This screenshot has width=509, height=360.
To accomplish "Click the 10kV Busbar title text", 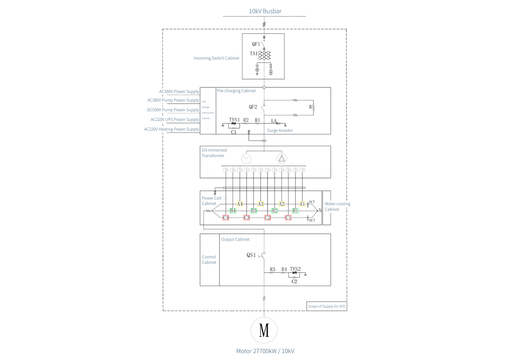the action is point(265,11).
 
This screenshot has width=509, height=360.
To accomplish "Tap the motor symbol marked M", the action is point(264,330).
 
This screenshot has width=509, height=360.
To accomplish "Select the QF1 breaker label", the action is point(256,44).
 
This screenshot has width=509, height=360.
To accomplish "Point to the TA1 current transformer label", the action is point(253,53).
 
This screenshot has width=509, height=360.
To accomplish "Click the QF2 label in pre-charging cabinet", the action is point(253,107).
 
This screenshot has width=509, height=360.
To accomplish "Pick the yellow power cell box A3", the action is point(260,204).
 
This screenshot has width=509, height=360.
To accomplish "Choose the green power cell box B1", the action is point(295,211).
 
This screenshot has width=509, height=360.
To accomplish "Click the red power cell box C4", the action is point(226,218).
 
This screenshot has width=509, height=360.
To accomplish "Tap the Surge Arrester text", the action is point(280,130).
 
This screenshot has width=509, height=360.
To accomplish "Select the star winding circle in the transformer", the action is point(246,159).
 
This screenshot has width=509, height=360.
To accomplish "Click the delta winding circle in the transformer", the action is point(281,159).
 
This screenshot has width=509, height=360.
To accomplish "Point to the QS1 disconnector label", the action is point(251,255).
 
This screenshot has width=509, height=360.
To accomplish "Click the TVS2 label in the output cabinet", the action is point(295,269).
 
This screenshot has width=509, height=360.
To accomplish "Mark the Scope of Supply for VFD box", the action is point(327,306).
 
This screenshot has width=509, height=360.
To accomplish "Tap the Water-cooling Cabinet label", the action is point(337,206).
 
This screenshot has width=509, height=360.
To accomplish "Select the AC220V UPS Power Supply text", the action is point(175,119).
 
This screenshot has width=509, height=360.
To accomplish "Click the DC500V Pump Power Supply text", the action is point(173,110).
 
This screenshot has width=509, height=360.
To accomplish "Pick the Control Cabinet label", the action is point(209,259).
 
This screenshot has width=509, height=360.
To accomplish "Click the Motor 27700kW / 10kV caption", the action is point(265,351).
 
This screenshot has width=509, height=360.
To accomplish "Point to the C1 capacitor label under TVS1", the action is point(233,132).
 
